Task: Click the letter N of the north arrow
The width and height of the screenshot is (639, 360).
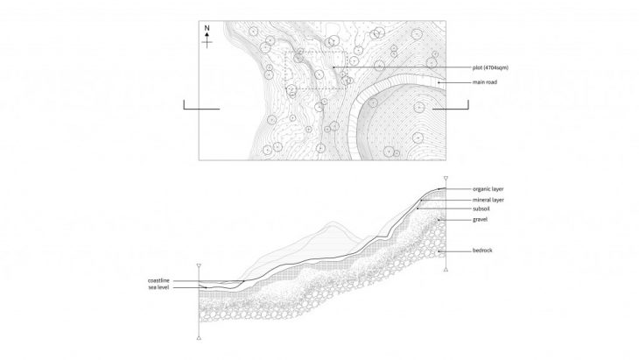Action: (207, 28)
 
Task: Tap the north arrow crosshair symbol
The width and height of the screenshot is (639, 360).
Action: (207, 39)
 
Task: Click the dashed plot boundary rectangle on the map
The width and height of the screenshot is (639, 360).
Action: (317, 71)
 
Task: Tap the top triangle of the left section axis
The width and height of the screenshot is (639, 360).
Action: (200, 265)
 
